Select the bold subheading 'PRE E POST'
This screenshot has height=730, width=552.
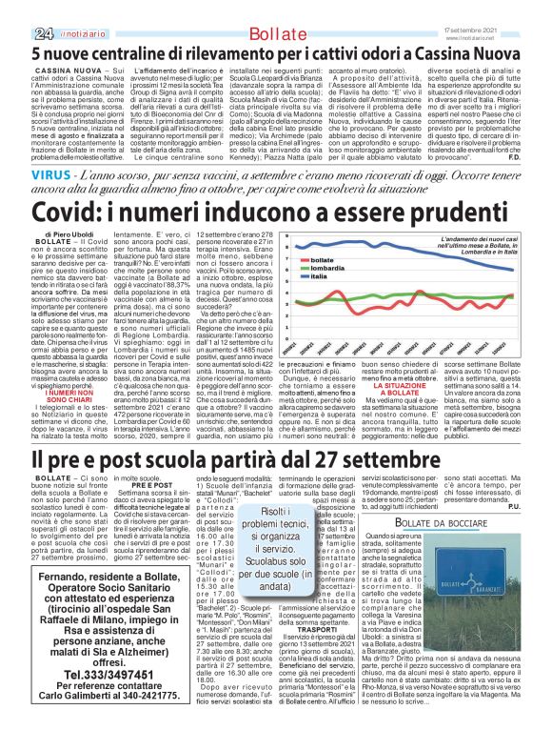click(144, 485)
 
